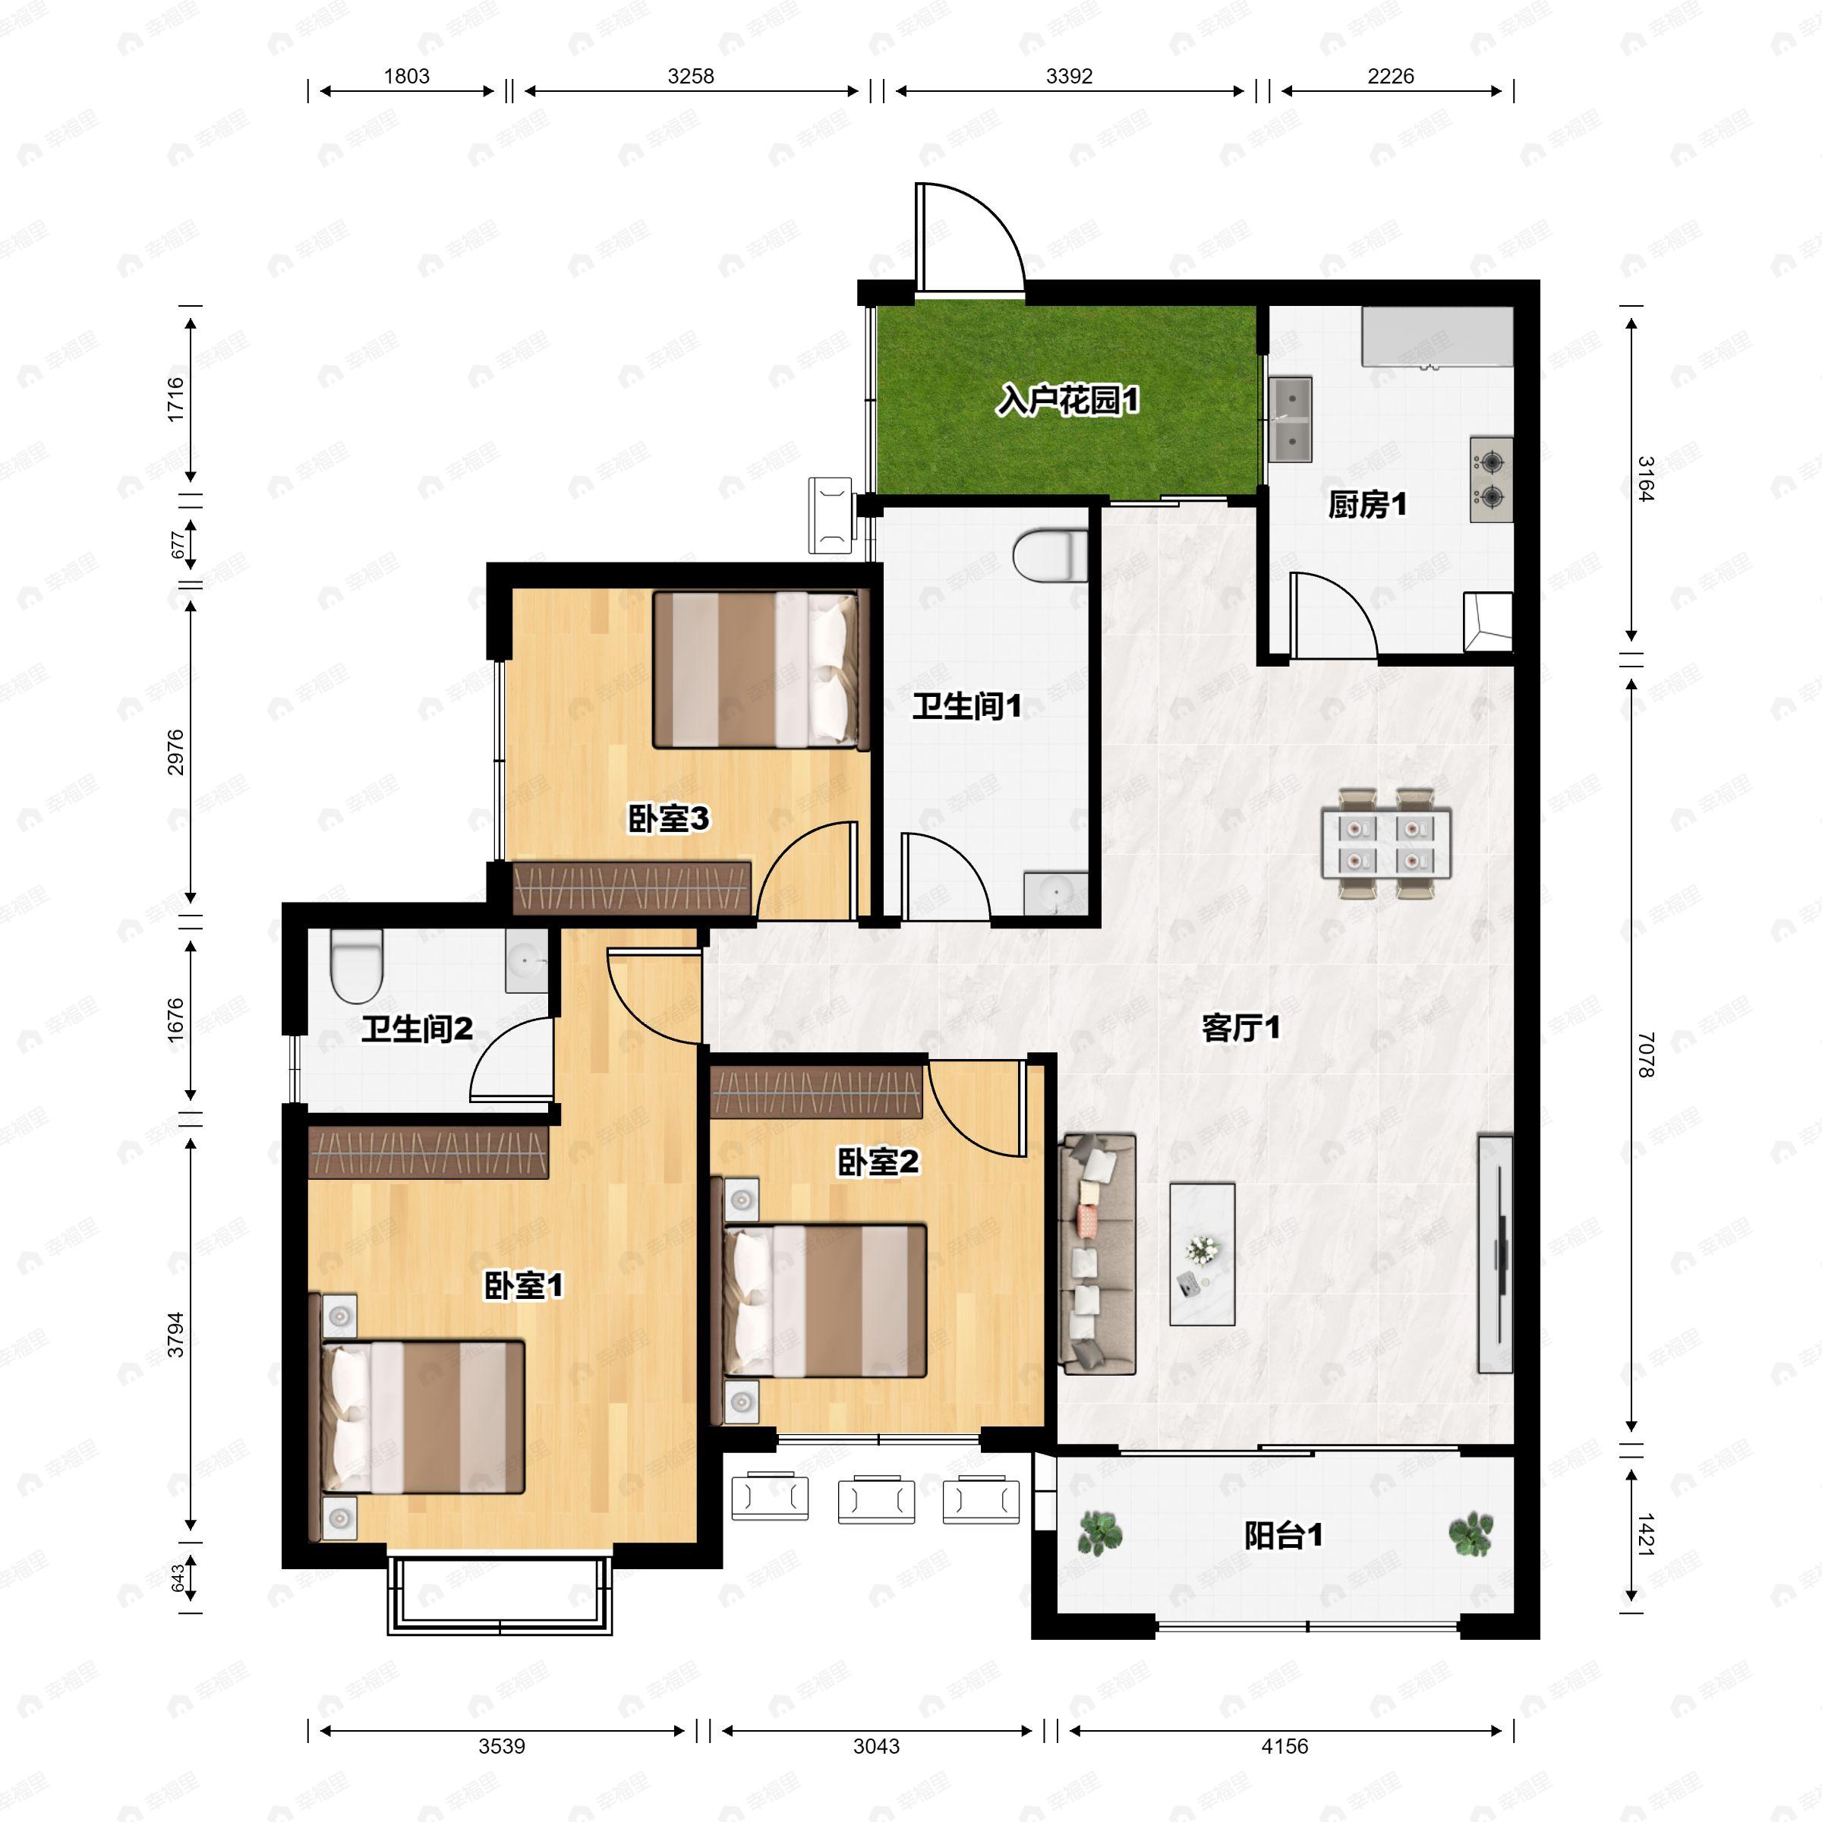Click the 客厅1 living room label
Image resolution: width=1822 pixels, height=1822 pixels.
1241,1027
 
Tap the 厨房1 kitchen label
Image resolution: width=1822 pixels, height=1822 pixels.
1367,506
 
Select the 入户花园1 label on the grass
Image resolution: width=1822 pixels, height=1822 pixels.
1068,401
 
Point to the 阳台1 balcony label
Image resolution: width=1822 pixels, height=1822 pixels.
1284,1535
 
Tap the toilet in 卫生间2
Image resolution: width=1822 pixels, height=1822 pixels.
357,966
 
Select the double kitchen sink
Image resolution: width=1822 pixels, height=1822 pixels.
1290,419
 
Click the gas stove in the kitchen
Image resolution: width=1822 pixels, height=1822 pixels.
1491,480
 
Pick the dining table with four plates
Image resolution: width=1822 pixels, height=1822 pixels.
1386,843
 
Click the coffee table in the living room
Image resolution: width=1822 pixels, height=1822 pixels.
1203,1254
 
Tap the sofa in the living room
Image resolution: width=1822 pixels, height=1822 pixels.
1097,1253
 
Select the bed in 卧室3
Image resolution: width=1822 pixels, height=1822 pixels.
760,670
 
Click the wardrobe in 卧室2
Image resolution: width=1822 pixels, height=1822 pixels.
817,1092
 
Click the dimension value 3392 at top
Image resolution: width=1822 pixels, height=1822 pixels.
1070,77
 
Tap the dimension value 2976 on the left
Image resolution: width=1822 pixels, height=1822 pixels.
175,752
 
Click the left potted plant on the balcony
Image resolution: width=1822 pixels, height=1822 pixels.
1099,1533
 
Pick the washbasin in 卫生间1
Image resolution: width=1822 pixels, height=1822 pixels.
1056,892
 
